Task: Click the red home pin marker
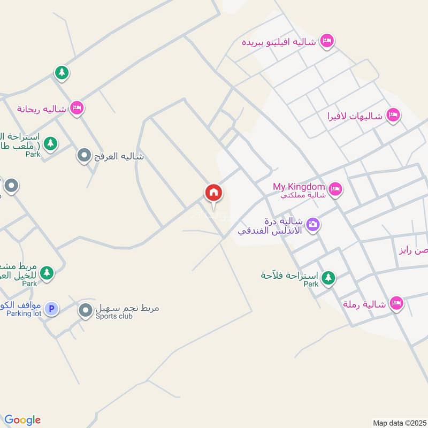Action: click(213, 193)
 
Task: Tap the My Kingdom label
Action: click(299, 187)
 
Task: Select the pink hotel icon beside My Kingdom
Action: click(335, 188)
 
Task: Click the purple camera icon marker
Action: click(314, 224)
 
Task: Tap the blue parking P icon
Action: click(51, 308)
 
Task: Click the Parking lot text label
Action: click(24, 314)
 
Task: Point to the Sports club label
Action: click(114, 316)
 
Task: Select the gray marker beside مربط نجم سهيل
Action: click(86, 310)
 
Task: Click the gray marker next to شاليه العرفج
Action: click(83, 156)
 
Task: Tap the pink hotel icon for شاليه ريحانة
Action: click(77, 109)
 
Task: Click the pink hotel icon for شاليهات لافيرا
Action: click(393, 115)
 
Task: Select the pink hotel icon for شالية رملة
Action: click(396, 303)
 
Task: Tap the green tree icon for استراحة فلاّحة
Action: click(328, 277)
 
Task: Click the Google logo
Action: click(22, 420)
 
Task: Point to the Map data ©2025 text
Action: click(399, 423)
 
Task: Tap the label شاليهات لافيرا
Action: click(356, 116)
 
